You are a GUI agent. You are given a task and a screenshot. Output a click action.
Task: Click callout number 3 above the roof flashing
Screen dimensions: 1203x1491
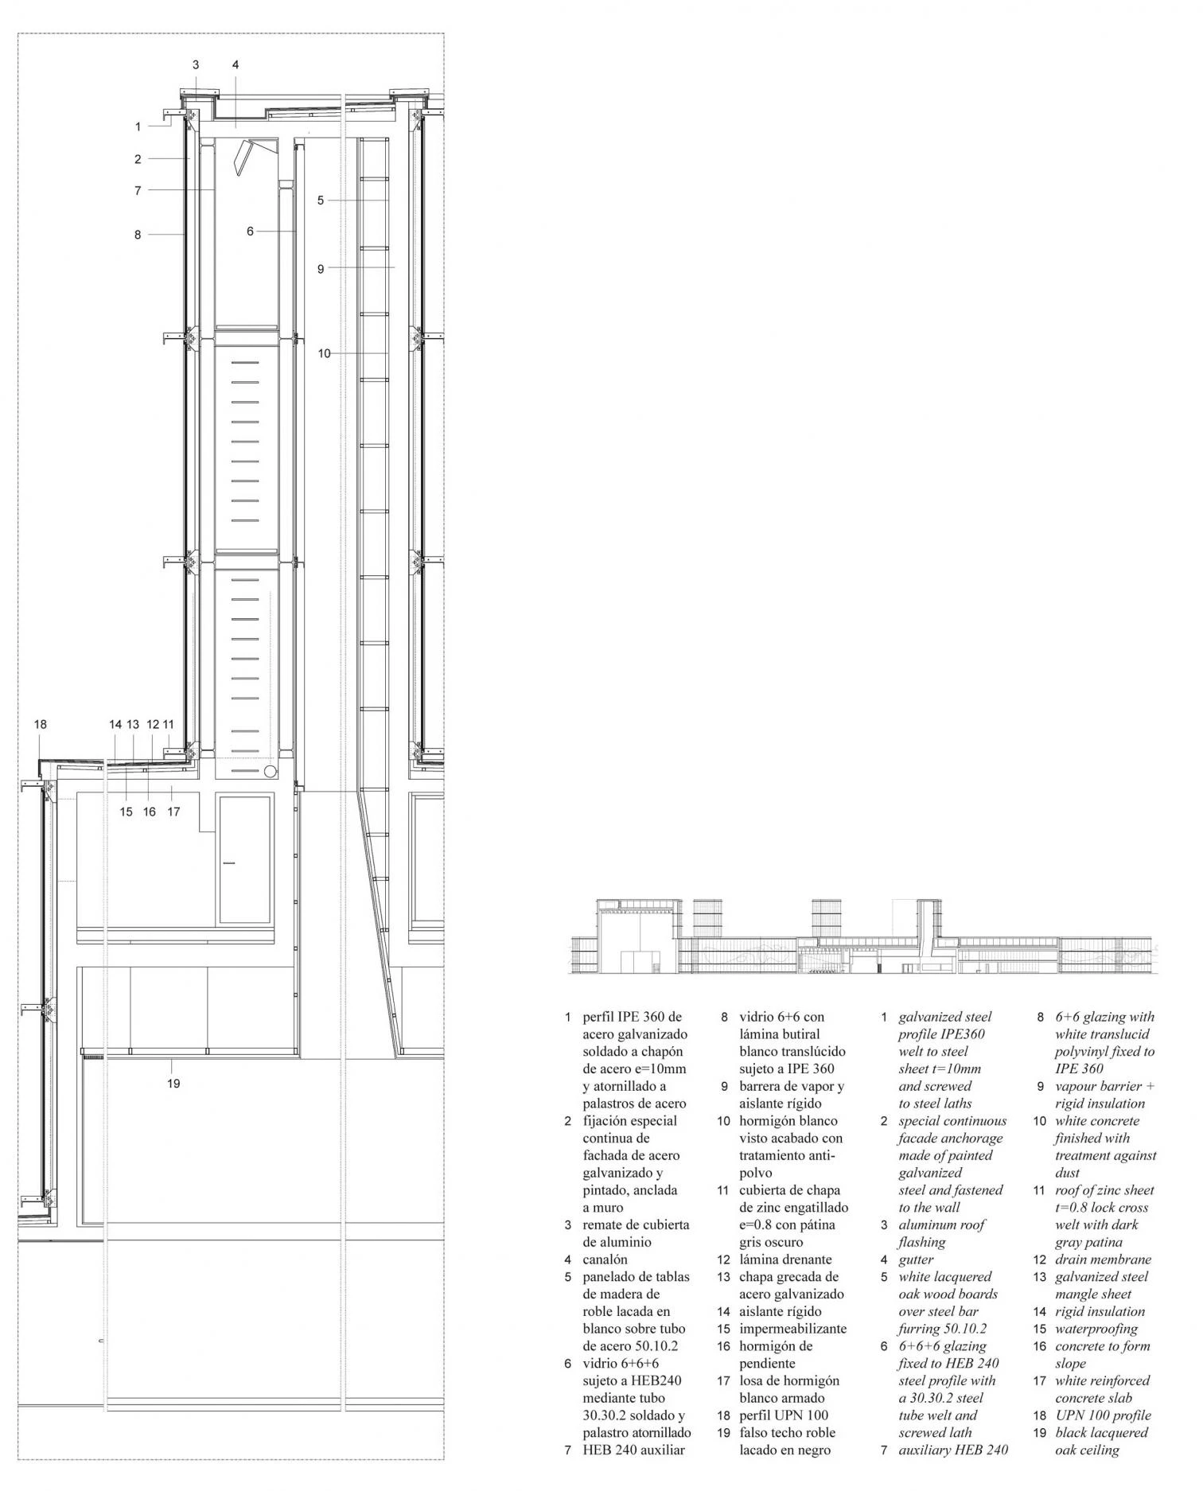196,65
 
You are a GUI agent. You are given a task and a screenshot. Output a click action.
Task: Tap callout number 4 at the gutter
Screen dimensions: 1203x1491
236,65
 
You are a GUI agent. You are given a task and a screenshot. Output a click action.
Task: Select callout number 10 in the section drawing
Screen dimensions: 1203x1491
324,353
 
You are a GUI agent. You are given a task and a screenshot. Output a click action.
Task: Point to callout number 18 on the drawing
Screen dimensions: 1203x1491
41,724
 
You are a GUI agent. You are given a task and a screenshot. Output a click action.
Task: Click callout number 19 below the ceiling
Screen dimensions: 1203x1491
173,1083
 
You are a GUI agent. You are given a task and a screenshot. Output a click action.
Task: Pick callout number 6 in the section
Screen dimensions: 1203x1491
250,232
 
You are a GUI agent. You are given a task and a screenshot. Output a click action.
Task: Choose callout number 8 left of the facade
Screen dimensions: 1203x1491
138,235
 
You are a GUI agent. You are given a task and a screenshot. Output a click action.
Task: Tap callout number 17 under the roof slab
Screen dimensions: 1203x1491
173,812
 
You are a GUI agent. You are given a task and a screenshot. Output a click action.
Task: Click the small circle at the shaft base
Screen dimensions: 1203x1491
271,771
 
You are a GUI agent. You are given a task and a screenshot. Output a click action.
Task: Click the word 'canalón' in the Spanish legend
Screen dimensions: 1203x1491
605,1259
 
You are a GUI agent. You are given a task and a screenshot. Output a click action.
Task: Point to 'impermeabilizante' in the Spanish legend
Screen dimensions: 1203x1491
792,1329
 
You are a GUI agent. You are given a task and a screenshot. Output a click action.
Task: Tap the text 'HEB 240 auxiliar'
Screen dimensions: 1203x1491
633,1450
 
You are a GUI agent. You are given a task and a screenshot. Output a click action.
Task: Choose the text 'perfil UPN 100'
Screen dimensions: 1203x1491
784,1415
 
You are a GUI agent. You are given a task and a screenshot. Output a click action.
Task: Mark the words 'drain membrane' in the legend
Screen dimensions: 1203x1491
1103,1259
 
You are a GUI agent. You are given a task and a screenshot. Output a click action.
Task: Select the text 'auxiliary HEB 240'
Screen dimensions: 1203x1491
953,1450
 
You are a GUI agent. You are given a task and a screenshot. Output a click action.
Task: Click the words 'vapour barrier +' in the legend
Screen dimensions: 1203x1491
1104,1086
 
